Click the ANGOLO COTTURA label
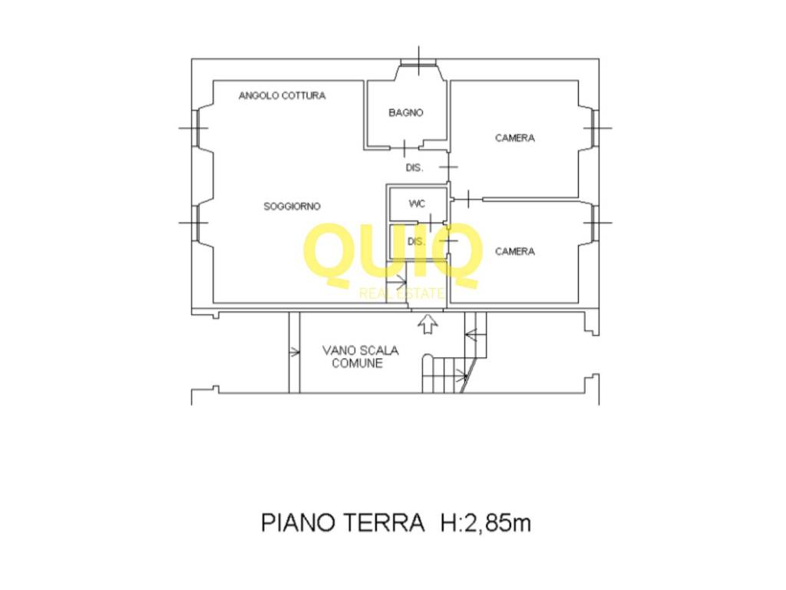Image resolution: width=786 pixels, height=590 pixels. (x=282, y=96)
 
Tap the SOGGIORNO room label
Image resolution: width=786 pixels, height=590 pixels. (x=292, y=206)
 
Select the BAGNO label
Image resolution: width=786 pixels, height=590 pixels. (x=405, y=113)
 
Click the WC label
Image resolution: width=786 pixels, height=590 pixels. (x=417, y=204)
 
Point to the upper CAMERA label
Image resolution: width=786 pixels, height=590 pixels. (x=514, y=138)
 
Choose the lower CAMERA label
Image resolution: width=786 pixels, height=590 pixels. (x=514, y=251)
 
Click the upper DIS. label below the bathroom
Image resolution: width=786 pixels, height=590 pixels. (x=414, y=167)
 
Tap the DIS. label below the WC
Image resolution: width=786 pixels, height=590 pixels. (x=416, y=242)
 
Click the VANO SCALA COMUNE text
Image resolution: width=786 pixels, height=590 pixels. (x=360, y=356)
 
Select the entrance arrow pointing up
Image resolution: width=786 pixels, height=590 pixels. (x=427, y=325)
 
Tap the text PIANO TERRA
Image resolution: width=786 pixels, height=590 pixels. (x=342, y=523)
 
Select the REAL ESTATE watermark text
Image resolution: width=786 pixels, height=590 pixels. (x=401, y=293)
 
